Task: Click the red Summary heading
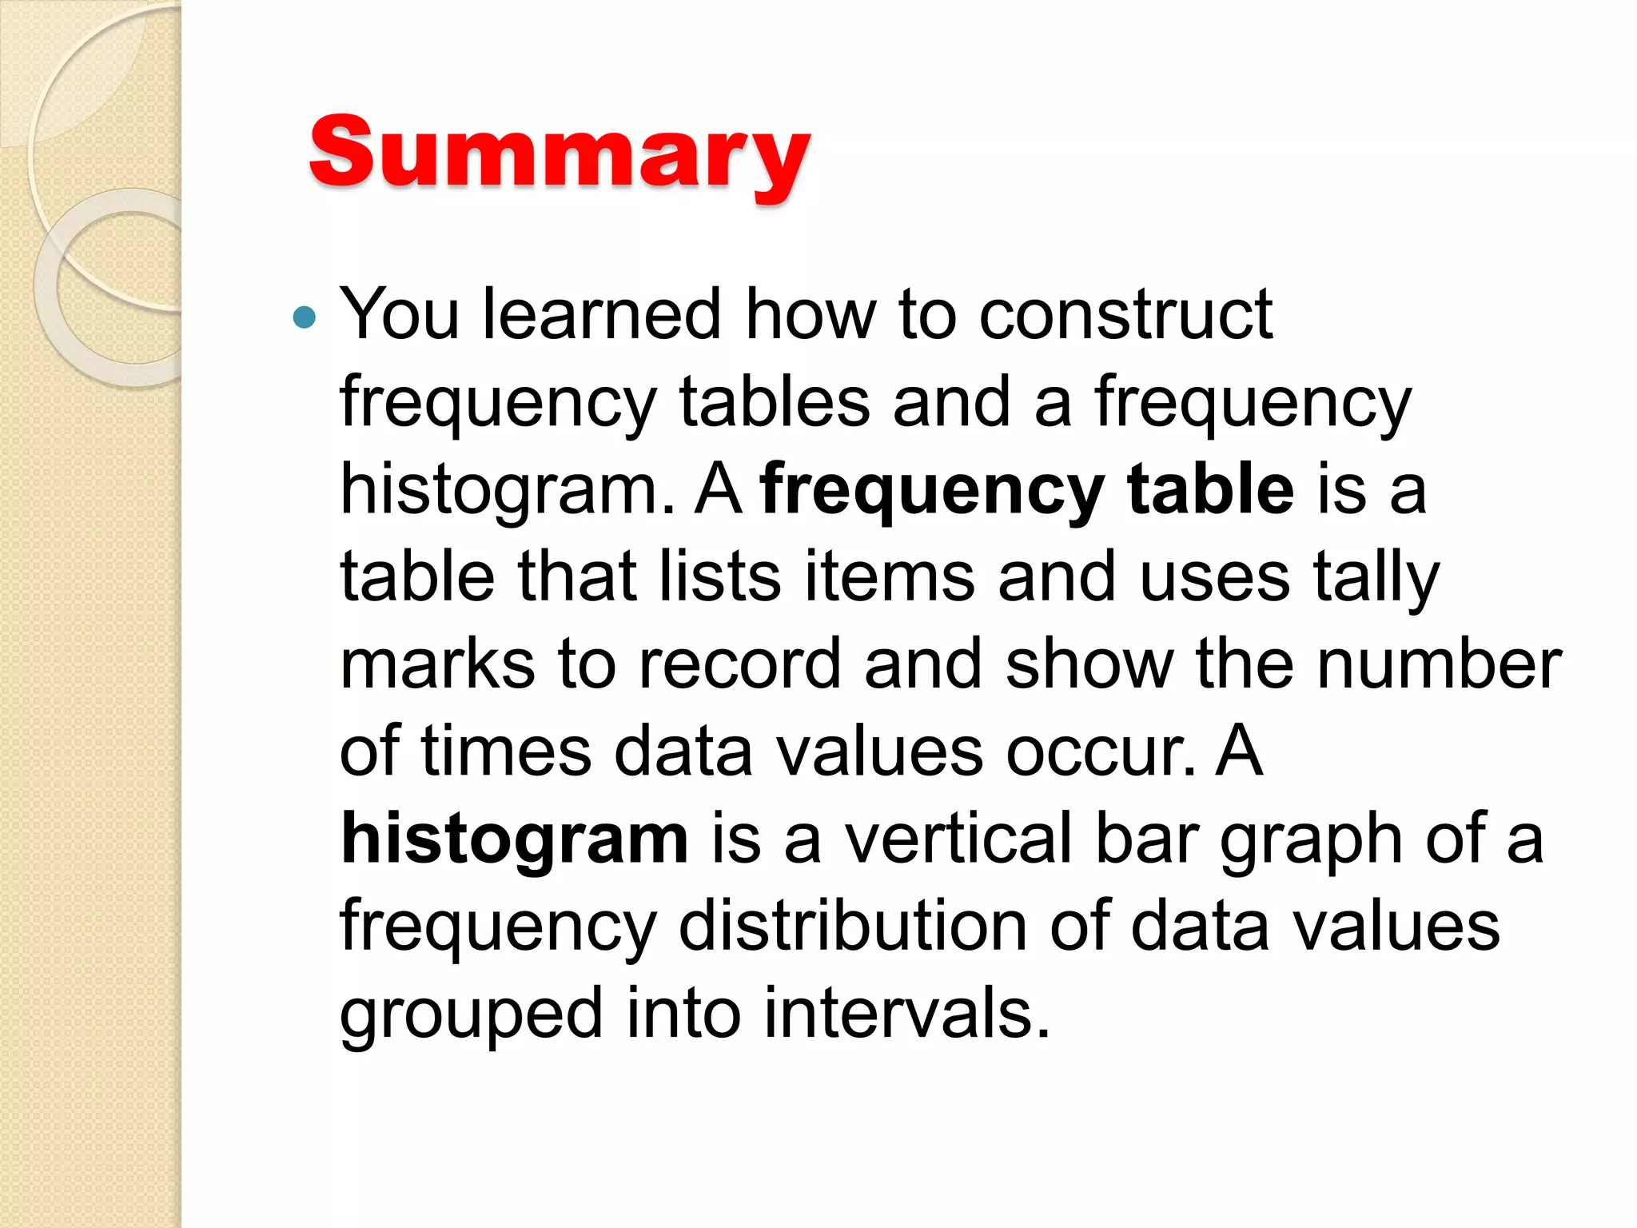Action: coord(560,153)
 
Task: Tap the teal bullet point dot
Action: coord(305,318)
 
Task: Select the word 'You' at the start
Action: coord(399,314)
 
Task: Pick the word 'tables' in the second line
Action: coord(774,402)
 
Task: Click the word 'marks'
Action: coord(436,665)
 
